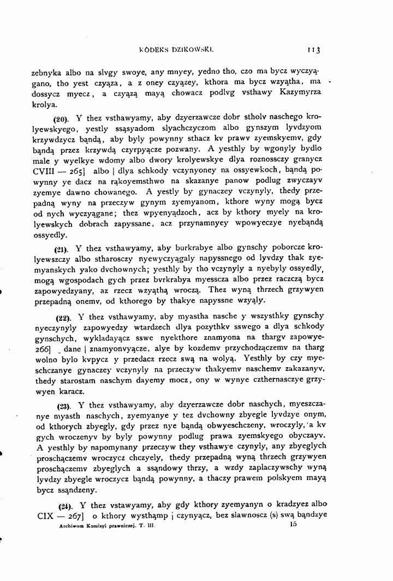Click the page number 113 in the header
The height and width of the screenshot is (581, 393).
[x=314, y=50]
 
